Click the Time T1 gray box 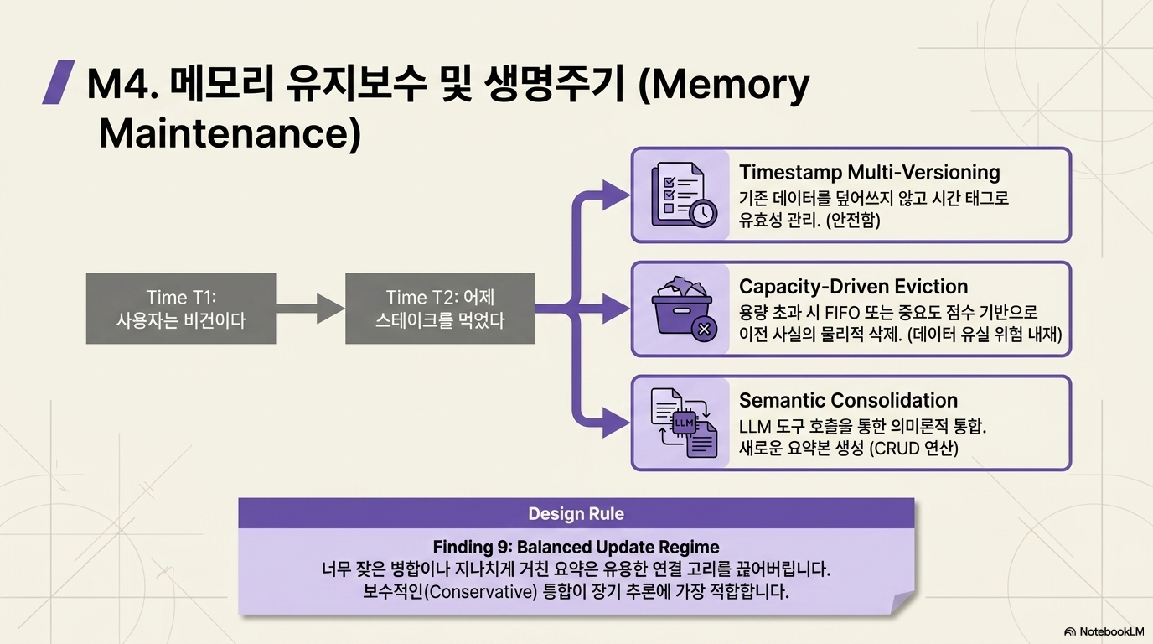[x=181, y=309]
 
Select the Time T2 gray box [x=440, y=309]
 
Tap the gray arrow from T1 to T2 [x=310, y=309]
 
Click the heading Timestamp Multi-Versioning [x=870, y=172]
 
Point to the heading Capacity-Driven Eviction [x=853, y=287]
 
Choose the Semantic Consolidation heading [x=848, y=400]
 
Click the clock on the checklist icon [x=703, y=212]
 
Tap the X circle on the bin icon [x=704, y=329]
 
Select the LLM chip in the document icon [x=684, y=423]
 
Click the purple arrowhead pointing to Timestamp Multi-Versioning [x=616, y=195]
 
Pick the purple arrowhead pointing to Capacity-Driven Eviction [x=616, y=309]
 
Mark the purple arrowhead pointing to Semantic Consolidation [x=616, y=423]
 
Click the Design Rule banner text [x=576, y=514]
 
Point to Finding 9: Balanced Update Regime [x=576, y=547]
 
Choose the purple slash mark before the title [x=58, y=82]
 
